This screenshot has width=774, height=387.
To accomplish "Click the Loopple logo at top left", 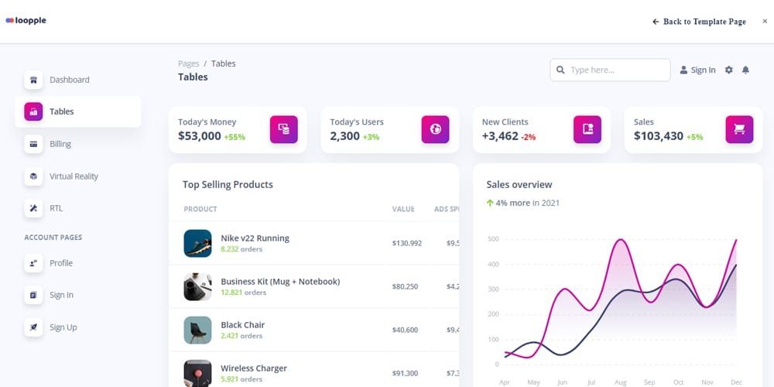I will (26, 21).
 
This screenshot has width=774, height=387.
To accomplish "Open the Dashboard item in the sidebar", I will (69, 80).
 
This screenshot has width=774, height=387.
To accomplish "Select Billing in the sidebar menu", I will (60, 144).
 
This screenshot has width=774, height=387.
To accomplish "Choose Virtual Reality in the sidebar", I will (74, 176).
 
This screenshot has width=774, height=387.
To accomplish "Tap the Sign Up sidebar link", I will (63, 327).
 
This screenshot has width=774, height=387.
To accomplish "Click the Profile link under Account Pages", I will (60, 263).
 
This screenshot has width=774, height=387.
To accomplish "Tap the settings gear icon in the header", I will (728, 70).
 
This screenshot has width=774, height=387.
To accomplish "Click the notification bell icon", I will (745, 70).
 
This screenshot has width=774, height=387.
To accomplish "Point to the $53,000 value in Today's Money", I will (199, 136).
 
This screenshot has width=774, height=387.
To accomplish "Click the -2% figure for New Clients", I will (529, 137).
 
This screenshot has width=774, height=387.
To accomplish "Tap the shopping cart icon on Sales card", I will (739, 129).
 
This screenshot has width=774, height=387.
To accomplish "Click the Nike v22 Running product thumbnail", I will (197, 243).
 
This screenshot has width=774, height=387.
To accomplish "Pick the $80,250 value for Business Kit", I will (405, 286).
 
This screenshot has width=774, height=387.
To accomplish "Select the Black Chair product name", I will (242, 325).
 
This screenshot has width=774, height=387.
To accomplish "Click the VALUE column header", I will (403, 209).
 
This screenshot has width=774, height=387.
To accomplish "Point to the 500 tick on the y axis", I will (493, 239).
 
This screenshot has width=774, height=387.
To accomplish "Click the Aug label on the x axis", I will (620, 382).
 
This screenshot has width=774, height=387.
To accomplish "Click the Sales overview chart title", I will (519, 184).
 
